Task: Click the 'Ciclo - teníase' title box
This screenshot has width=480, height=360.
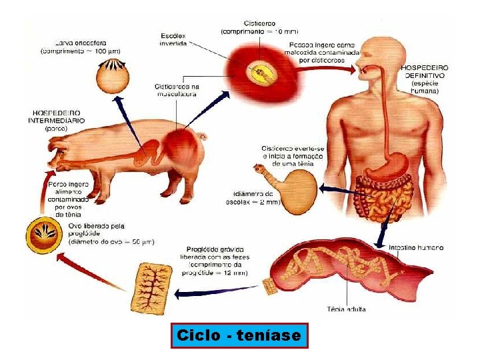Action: (x=239, y=335)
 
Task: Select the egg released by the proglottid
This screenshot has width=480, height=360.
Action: (x=46, y=236)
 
